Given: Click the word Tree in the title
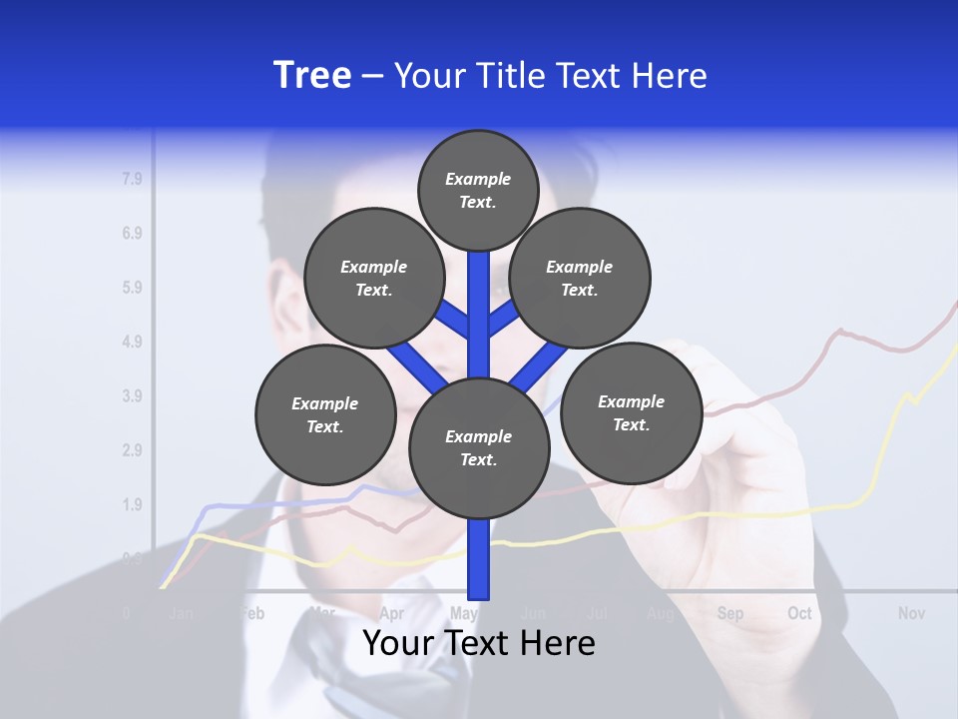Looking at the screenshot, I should click(312, 76).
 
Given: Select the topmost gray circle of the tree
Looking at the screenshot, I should click(478, 190).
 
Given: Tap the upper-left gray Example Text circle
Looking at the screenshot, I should click(374, 278).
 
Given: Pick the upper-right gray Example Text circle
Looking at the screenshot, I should click(580, 278).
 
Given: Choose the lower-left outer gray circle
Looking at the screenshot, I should click(325, 414).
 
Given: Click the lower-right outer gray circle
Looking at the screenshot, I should click(631, 412).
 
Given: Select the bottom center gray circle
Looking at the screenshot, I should click(479, 448).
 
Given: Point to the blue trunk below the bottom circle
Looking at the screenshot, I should click(479, 559).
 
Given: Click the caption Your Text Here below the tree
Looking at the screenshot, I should click(479, 643).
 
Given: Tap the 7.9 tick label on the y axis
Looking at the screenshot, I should click(132, 180).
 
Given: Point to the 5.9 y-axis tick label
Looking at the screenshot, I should click(132, 288).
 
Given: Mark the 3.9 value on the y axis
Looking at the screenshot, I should click(132, 395).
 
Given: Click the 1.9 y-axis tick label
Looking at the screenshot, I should click(132, 504).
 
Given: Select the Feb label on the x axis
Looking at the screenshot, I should click(252, 613).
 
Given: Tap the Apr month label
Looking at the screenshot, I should click(392, 613).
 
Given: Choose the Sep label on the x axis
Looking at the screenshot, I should click(730, 613).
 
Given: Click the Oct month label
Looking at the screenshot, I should click(799, 613).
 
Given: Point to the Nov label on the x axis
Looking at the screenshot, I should click(911, 613).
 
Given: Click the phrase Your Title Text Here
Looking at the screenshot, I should click(551, 76).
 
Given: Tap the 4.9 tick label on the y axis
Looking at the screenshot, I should click(132, 342).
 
